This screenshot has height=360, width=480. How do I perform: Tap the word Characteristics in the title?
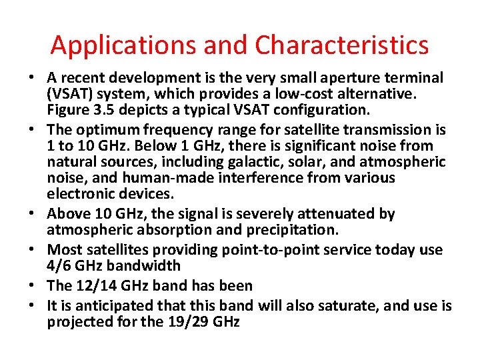click(342, 45)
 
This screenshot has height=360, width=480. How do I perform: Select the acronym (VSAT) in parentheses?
click(68, 94)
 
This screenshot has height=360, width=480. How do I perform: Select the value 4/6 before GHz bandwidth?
click(58, 265)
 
